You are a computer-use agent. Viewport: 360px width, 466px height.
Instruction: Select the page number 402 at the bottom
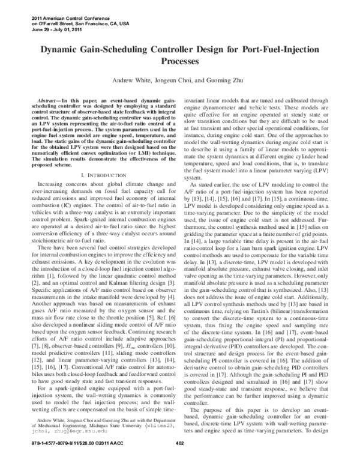[179, 459]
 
